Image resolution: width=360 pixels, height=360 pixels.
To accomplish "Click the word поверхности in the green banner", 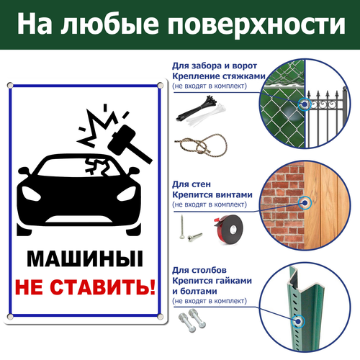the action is pyautogui.click(x=256, y=24).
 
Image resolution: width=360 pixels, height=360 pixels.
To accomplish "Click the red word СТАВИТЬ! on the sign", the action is pyautogui.click(x=103, y=287).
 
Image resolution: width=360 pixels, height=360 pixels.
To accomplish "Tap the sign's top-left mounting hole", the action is pyautogui.click(x=10, y=85).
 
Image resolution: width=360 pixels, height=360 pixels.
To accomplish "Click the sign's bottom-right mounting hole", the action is pyautogui.click(x=160, y=317).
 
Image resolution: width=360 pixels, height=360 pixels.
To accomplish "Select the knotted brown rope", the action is pyautogui.click(x=201, y=145).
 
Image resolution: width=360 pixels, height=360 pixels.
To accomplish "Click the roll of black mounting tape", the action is pyautogui.click(x=228, y=230).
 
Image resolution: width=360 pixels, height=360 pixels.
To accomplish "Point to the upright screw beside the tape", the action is pyautogui.click(x=182, y=227).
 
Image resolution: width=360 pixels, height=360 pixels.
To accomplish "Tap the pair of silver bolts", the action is pyautogui.click(x=192, y=320).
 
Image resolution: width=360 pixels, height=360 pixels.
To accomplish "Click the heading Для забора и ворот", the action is pyautogui.click(x=215, y=66).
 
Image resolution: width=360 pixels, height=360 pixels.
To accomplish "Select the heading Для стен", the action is pyautogui.click(x=192, y=184).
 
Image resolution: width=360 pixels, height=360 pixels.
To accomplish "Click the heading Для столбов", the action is pyautogui.click(x=199, y=270).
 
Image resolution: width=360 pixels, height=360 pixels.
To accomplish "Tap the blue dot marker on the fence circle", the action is pyautogui.click(x=305, y=104).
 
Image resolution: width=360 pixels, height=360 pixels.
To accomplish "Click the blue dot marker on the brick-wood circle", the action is pyautogui.click(x=305, y=203).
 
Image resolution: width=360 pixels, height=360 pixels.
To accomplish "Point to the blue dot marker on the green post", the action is pyautogui.click(x=298, y=322).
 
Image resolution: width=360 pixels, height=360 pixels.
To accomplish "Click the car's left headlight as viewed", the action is pyautogui.click(x=31, y=193).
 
